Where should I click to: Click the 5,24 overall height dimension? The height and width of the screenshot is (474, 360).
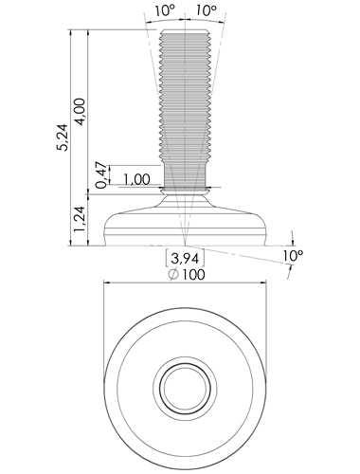[x=63, y=137]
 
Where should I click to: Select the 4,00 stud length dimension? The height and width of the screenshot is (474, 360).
[x=81, y=112]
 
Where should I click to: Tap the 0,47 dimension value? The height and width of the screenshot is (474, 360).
[x=101, y=174]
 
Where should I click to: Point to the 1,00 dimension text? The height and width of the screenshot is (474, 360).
[x=136, y=180]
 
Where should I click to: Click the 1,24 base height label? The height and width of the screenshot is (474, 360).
[x=80, y=219]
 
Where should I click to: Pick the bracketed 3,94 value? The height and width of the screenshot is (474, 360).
[x=185, y=259]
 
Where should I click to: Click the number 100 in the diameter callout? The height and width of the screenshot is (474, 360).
[x=193, y=274]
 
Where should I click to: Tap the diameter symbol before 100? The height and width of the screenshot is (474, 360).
[x=172, y=275]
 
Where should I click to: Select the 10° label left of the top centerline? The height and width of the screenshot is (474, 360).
[x=164, y=11]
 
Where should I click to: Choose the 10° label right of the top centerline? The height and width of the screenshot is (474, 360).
[x=206, y=11]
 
